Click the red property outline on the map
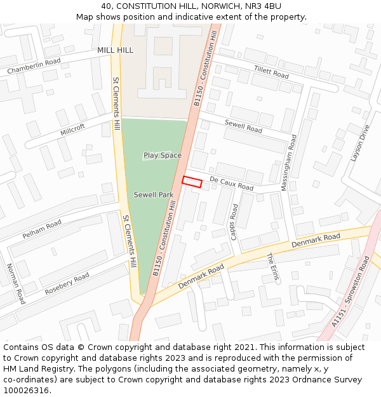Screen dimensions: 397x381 [192, 182]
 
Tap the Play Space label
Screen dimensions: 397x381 [162, 155]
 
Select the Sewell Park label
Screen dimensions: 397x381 [153, 194]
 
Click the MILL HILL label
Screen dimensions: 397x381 [116, 50]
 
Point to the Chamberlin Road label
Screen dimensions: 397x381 [34, 66]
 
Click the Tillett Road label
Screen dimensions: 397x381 [271, 72]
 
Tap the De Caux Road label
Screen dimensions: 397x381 [231, 184]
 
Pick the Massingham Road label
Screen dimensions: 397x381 [293, 158]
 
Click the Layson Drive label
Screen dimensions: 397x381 [359, 143]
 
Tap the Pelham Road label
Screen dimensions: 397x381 [42, 229]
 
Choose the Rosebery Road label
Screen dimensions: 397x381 [67, 283]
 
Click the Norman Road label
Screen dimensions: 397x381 [16, 283]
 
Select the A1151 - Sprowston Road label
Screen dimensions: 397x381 [351, 292]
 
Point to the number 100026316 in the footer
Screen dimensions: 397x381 [26, 390]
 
